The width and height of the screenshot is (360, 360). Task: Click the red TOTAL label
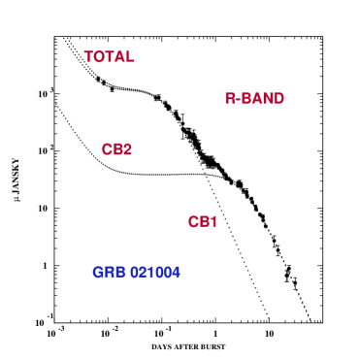(109, 57)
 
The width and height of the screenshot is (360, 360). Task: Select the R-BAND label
(254, 99)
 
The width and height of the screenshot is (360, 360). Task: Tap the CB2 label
(116, 149)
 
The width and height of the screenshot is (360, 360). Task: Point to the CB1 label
(203, 222)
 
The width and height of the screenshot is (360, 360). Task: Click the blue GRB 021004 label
(136, 273)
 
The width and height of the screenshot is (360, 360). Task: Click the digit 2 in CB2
(127, 149)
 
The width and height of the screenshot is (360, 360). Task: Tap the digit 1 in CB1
(213, 222)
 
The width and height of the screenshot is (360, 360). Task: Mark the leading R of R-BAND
(230, 99)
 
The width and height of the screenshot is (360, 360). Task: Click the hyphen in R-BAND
(238, 100)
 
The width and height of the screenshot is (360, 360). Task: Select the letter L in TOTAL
(130, 57)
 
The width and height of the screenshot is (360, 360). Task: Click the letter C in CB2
(107, 149)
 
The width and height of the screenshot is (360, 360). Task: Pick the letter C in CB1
(193, 222)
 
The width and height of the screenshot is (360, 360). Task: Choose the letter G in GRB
(98, 273)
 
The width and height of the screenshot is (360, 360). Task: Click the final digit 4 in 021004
(176, 273)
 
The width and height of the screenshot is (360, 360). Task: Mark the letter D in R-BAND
(278, 99)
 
